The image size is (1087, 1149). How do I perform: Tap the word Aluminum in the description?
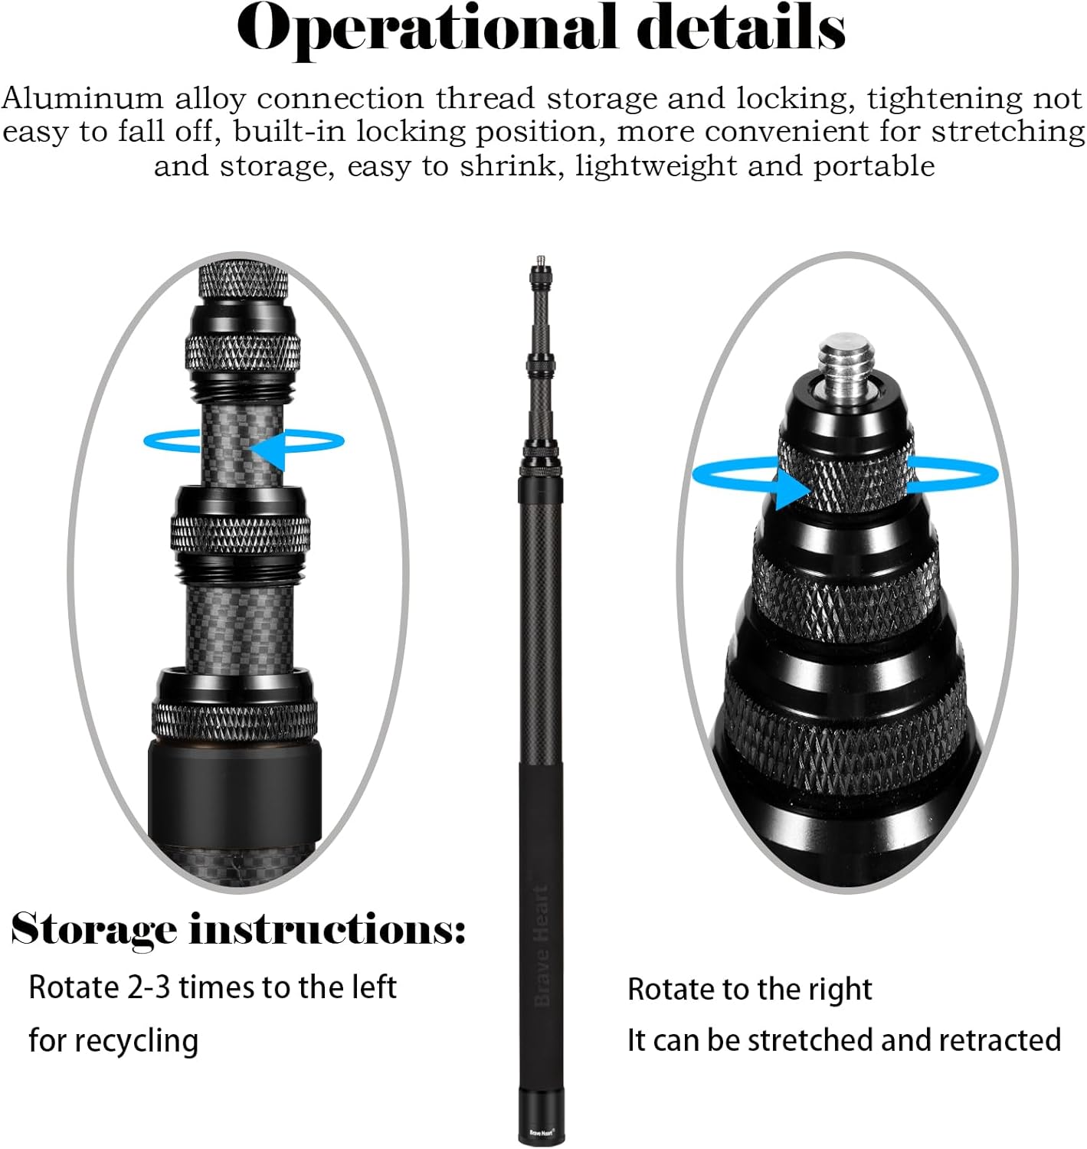[82, 99]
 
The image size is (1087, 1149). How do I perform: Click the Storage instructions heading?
[237, 929]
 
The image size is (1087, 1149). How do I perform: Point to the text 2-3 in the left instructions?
[149, 987]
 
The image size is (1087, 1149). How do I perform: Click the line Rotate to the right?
[749, 989]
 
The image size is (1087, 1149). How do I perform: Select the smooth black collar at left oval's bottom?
[234, 791]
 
